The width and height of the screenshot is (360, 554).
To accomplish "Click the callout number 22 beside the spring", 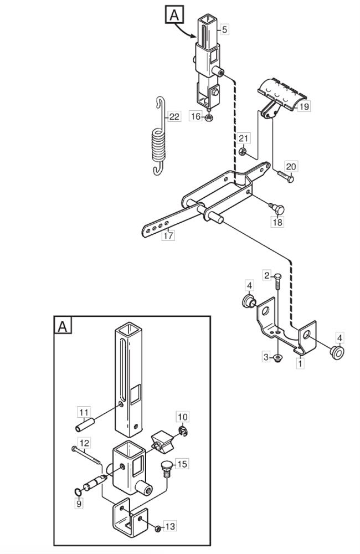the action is tap(174, 116).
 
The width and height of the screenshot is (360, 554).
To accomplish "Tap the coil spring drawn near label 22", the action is tap(159, 136).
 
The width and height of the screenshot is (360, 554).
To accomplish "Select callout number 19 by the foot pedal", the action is tap(304, 106).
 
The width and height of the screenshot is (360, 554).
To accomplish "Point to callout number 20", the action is tap(291, 166).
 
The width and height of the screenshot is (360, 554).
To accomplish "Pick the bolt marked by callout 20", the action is tap(285, 176).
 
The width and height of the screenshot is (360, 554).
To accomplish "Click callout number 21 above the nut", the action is tap(243, 138).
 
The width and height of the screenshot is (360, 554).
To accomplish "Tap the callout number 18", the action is tap(277, 222).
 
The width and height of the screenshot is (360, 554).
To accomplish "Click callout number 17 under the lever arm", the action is tap(168, 235).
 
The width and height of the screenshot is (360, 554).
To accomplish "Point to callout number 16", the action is tap(196, 116).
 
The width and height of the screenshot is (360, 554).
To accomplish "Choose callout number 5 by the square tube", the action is tap(225, 29).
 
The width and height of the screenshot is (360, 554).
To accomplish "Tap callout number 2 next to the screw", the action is tap(267, 275).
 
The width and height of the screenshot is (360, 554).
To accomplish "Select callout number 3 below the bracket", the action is tap(266, 357).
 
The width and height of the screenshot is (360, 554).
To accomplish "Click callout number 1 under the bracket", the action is tap(300, 363).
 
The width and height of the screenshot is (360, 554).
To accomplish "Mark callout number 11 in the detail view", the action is tap(84, 412).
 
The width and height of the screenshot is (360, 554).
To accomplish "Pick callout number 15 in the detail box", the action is tap(182, 464).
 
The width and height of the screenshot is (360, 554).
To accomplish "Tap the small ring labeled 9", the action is tap(78, 491).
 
